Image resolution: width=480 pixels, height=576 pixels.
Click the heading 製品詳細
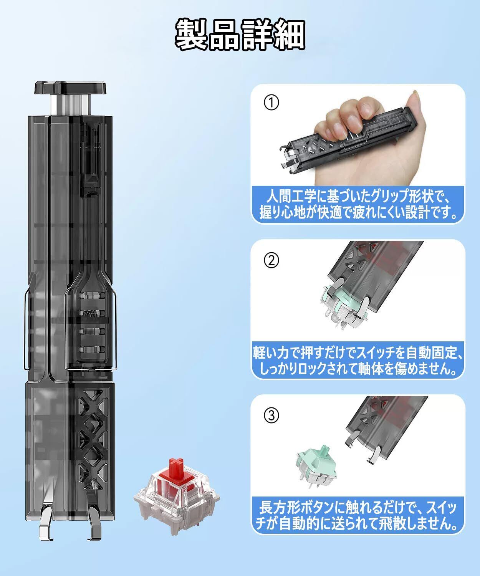click(240, 34)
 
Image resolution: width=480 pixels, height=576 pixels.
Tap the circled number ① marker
click(271, 103)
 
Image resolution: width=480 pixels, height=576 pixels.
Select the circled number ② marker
click(271, 260)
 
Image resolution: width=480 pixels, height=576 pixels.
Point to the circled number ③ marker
click(271, 415)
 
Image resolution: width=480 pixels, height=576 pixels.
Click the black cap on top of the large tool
click(71, 88)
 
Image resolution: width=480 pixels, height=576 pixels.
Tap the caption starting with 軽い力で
click(358, 360)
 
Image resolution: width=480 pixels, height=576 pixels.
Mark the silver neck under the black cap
click(71, 105)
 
